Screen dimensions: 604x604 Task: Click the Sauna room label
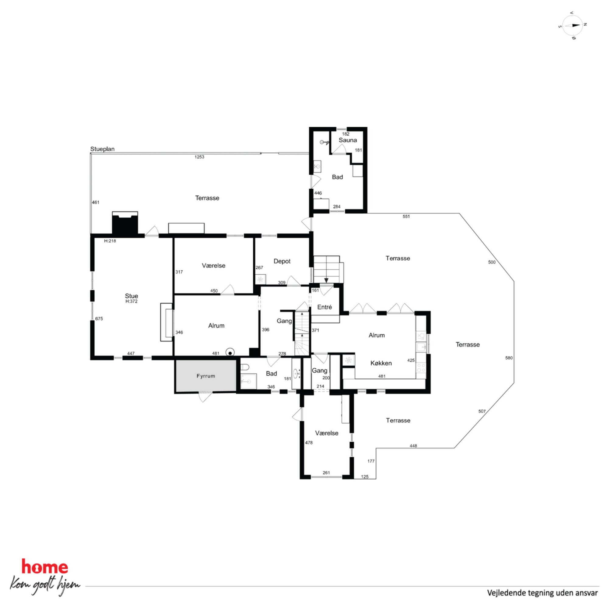click(348, 140)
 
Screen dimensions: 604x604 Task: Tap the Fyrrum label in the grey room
click(206, 376)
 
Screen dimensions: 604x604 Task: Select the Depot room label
click(282, 261)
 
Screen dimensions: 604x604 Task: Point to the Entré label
click(324, 307)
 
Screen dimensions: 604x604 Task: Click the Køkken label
click(381, 363)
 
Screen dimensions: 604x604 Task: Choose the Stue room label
click(131, 296)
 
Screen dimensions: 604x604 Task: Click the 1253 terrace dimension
click(199, 157)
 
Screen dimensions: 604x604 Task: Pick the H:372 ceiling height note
click(131, 301)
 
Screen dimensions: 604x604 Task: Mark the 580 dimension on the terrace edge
click(509, 358)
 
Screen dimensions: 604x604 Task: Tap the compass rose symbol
click(572, 25)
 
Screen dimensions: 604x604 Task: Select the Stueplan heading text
click(102, 149)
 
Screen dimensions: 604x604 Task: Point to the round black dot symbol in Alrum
click(230, 353)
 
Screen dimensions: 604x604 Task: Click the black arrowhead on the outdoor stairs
click(326, 280)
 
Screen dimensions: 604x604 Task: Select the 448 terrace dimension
click(413, 446)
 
